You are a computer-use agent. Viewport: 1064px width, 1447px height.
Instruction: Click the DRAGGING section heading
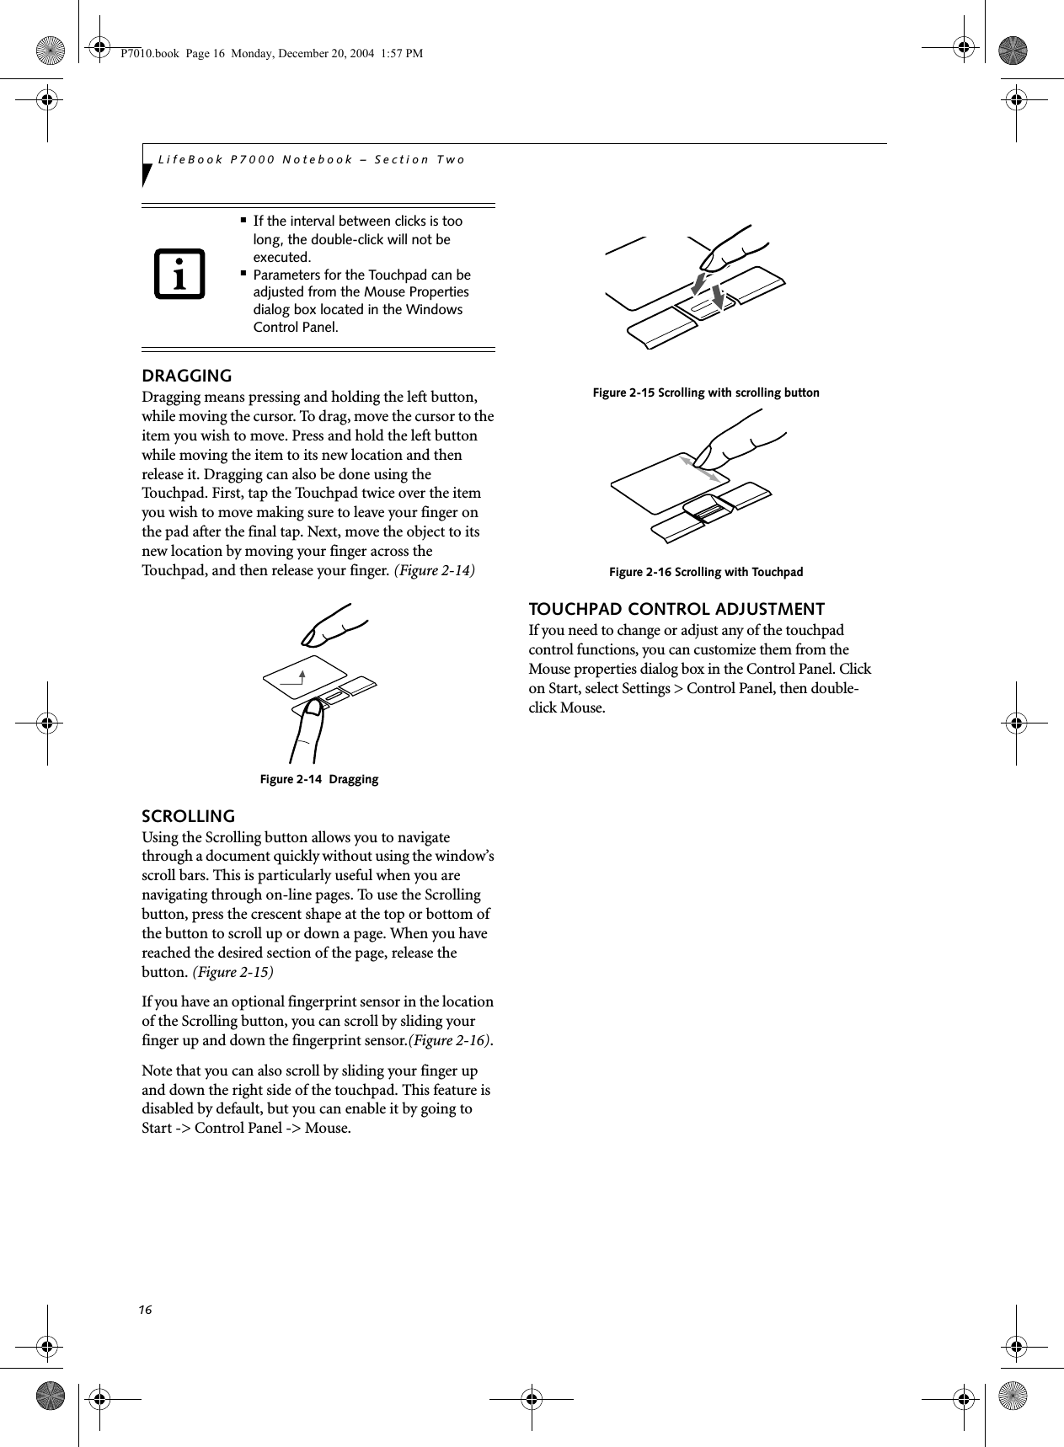(186, 376)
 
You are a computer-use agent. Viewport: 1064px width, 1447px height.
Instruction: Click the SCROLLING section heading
(188, 816)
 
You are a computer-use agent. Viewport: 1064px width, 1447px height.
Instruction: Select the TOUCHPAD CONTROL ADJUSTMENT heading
(676, 609)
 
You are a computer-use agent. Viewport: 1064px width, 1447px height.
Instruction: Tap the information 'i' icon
(179, 275)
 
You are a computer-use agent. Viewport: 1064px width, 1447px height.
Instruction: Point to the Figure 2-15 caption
(706, 392)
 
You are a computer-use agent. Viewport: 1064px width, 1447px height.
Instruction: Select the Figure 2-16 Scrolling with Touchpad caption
(706, 572)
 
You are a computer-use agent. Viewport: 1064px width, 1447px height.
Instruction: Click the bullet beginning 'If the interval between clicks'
(358, 238)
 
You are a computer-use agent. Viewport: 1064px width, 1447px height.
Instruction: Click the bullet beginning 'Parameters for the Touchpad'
(362, 301)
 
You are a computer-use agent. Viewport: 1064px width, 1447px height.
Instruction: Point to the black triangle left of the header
(147, 174)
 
